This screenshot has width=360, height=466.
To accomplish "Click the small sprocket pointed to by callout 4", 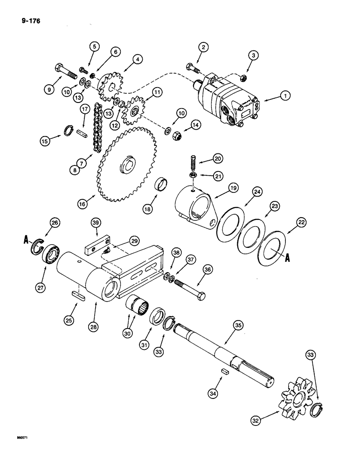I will click(x=111, y=86).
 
